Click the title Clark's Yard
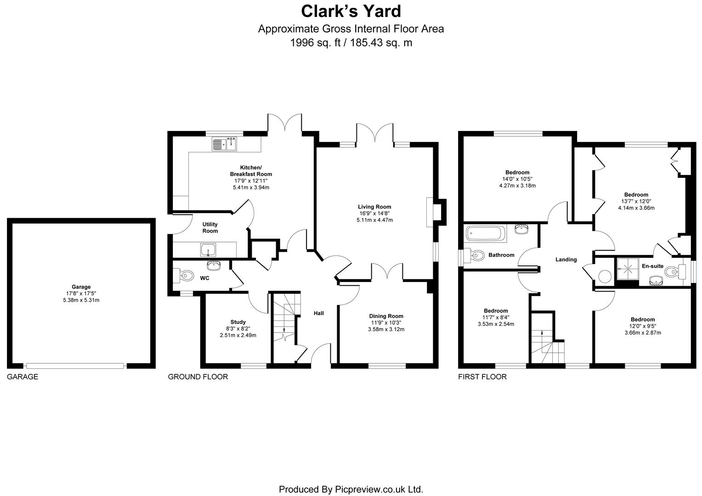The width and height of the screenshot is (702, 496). coord(351,11)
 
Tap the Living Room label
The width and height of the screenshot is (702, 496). coord(374,207)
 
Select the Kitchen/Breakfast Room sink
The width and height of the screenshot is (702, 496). coord(224,144)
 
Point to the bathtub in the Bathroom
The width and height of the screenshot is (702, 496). coord(486,234)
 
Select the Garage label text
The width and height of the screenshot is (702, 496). coord(81,287)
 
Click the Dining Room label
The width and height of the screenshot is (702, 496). coord(386,316)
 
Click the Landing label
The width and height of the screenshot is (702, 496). coord(566,259)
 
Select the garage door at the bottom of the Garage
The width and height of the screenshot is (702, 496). coord(75,366)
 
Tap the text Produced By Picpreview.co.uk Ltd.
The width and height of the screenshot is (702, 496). coord(351,489)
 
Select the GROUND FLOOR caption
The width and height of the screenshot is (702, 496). coord(198,377)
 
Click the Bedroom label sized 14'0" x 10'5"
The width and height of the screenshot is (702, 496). coord(517,173)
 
